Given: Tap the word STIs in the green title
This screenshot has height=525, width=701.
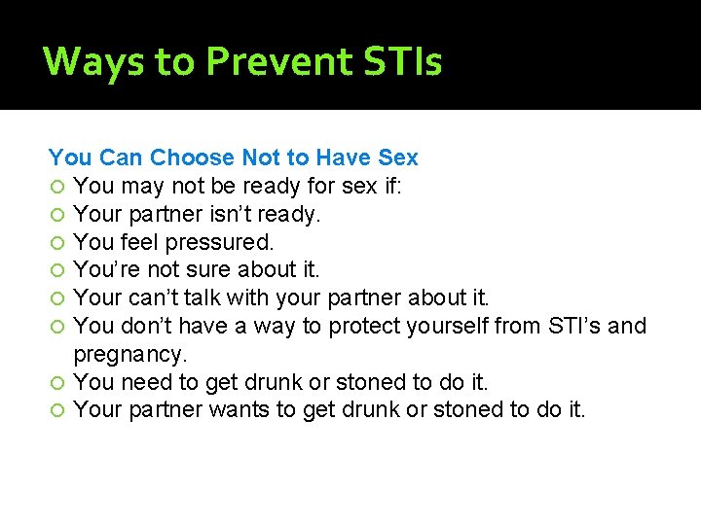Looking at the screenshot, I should [402, 62].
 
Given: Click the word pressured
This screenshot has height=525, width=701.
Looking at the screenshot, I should [221, 241].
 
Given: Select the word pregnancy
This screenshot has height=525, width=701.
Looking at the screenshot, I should [130, 354].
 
